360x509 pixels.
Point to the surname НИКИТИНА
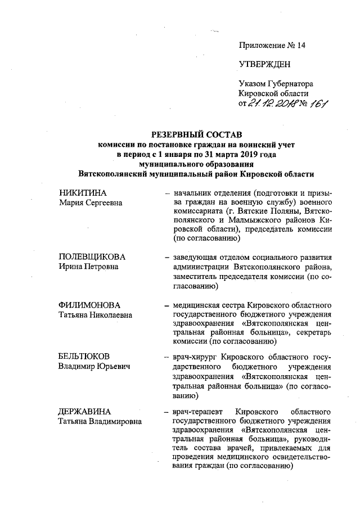[83, 193]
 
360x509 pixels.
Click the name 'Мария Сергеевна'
[91, 203]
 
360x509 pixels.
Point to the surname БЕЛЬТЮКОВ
[84, 357]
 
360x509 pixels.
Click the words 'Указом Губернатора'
[275, 83]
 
